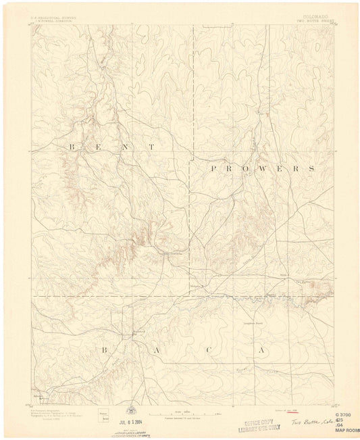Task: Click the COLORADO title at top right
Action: click(x=315, y=14)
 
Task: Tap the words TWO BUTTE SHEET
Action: click(x=315, y=19)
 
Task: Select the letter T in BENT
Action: click(x=153, y=146)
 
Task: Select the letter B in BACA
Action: click(x=105, y=349)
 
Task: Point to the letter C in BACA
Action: click(x=210, y=349)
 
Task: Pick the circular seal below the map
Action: click(x=130, y=410)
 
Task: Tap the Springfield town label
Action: click(x=138, y=331)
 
